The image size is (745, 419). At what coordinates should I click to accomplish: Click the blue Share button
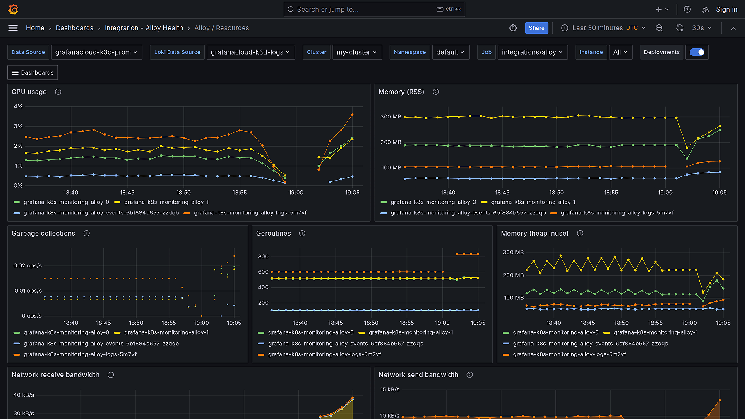536,28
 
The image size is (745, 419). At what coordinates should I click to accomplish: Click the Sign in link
726,9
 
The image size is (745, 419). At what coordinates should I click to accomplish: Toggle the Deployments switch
697,52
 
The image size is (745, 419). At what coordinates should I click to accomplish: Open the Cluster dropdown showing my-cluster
357,52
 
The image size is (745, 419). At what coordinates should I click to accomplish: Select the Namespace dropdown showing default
450,52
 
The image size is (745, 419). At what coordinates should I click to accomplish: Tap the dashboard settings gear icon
513,28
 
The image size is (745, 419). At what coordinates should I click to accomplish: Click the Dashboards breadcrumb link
74,28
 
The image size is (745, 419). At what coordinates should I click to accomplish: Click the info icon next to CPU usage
58,92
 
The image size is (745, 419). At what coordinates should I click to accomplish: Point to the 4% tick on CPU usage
18,106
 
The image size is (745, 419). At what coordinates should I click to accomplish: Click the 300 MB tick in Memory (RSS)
391,117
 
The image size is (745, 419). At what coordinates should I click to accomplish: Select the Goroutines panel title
273,234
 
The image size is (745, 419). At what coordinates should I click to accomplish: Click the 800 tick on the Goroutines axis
263,257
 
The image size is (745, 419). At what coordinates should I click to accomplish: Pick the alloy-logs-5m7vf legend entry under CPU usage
250,213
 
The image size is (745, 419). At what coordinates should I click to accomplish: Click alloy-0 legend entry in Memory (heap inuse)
555,332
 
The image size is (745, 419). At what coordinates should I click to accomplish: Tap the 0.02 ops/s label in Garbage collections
27,266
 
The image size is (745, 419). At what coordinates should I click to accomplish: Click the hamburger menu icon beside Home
13,28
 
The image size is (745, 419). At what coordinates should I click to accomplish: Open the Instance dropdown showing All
620,52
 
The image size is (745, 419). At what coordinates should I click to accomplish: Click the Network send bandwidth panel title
418,375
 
